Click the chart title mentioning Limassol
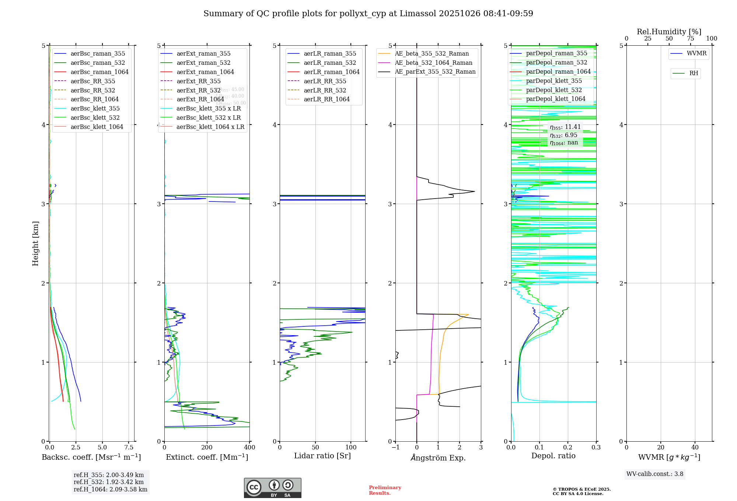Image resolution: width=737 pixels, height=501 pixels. point(368,14)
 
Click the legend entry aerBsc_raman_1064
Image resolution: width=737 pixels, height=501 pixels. point(99,72)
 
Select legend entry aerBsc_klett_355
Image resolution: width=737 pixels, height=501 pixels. point(95,108)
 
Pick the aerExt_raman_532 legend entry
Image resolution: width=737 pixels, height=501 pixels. point(203,63)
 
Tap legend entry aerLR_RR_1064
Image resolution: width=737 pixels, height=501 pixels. point(326,99)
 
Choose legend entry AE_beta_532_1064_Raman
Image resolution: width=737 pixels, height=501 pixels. point(433,63)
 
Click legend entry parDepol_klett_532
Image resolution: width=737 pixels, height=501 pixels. point(553,90)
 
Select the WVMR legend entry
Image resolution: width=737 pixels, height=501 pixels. point(696,53)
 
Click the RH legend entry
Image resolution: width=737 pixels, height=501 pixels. point(693,73)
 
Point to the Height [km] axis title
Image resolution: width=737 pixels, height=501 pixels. point(35,243)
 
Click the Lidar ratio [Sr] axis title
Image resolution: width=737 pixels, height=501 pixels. point(322,456)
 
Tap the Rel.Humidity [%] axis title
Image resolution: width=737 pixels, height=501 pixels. point(669,32)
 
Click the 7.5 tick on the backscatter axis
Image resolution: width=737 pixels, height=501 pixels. point(129,447)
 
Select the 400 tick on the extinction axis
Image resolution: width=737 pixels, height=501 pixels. point(249,447)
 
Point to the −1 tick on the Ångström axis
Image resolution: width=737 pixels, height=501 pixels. point(395,447)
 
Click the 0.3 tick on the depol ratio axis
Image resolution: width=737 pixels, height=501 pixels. point(596,447)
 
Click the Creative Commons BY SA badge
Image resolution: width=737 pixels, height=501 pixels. point(272,488)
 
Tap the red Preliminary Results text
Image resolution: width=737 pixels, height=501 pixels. point(385,490)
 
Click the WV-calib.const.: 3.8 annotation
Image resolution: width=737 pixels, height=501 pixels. point(654,474)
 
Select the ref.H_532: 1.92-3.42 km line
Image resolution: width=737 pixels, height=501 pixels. point(108,482)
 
